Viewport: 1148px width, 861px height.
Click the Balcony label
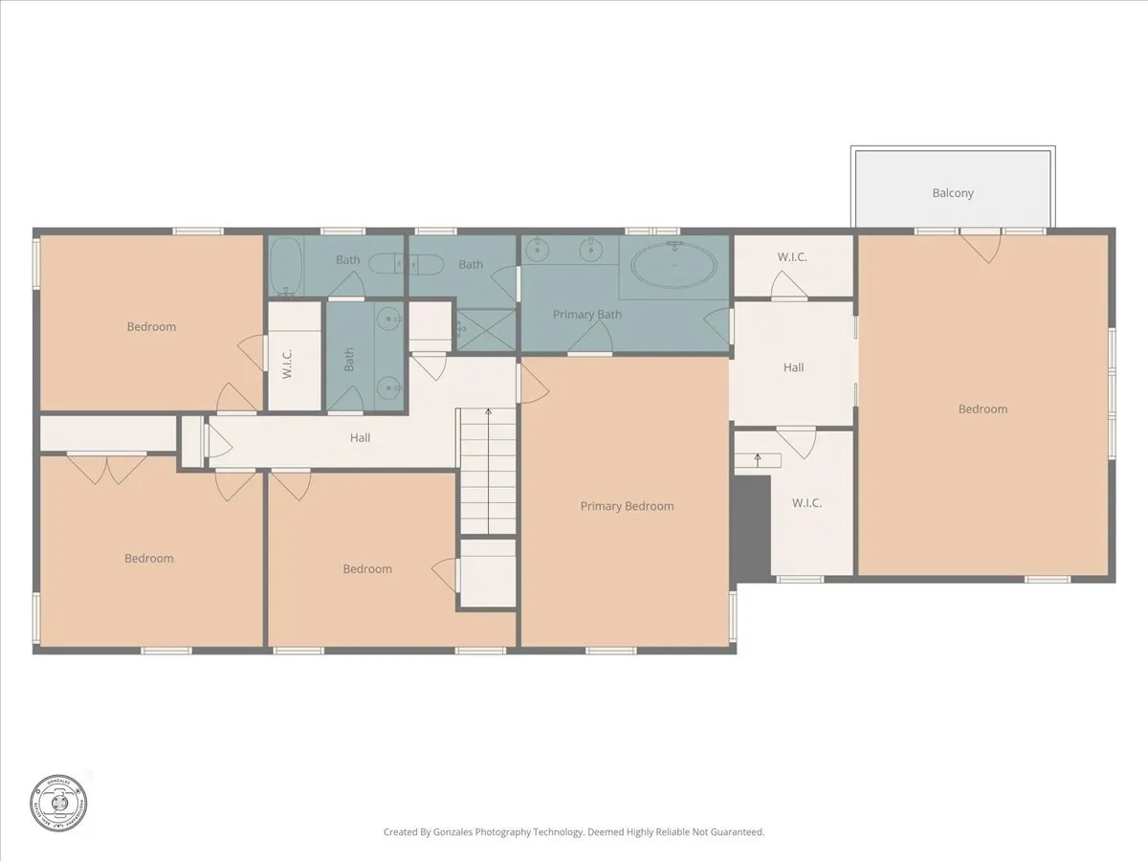tap(953, 193)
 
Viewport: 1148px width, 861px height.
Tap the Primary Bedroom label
tap(627, 506)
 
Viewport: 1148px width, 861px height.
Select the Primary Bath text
tap(587, 314)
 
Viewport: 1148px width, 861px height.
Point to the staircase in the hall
tap(488, 471)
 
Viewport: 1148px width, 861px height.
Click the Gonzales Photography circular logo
tap(58, 802)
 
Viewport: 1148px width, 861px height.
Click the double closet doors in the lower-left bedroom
tap(106, 469)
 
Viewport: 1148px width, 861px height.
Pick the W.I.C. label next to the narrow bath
tap(287, 364)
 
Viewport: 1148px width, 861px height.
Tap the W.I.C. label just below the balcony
tap(793, 256)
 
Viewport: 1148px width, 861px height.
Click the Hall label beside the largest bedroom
tap(793, 367)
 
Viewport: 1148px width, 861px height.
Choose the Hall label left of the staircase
tap(360, 438)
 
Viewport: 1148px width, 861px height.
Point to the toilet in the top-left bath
tap(386, 264)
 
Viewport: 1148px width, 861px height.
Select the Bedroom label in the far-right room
tap(982, 409)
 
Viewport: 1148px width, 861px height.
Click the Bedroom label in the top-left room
tap(151, 327)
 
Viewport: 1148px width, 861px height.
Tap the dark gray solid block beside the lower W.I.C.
tap(752, 528)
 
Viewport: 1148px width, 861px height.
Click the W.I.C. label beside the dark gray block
tap(806, 503)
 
